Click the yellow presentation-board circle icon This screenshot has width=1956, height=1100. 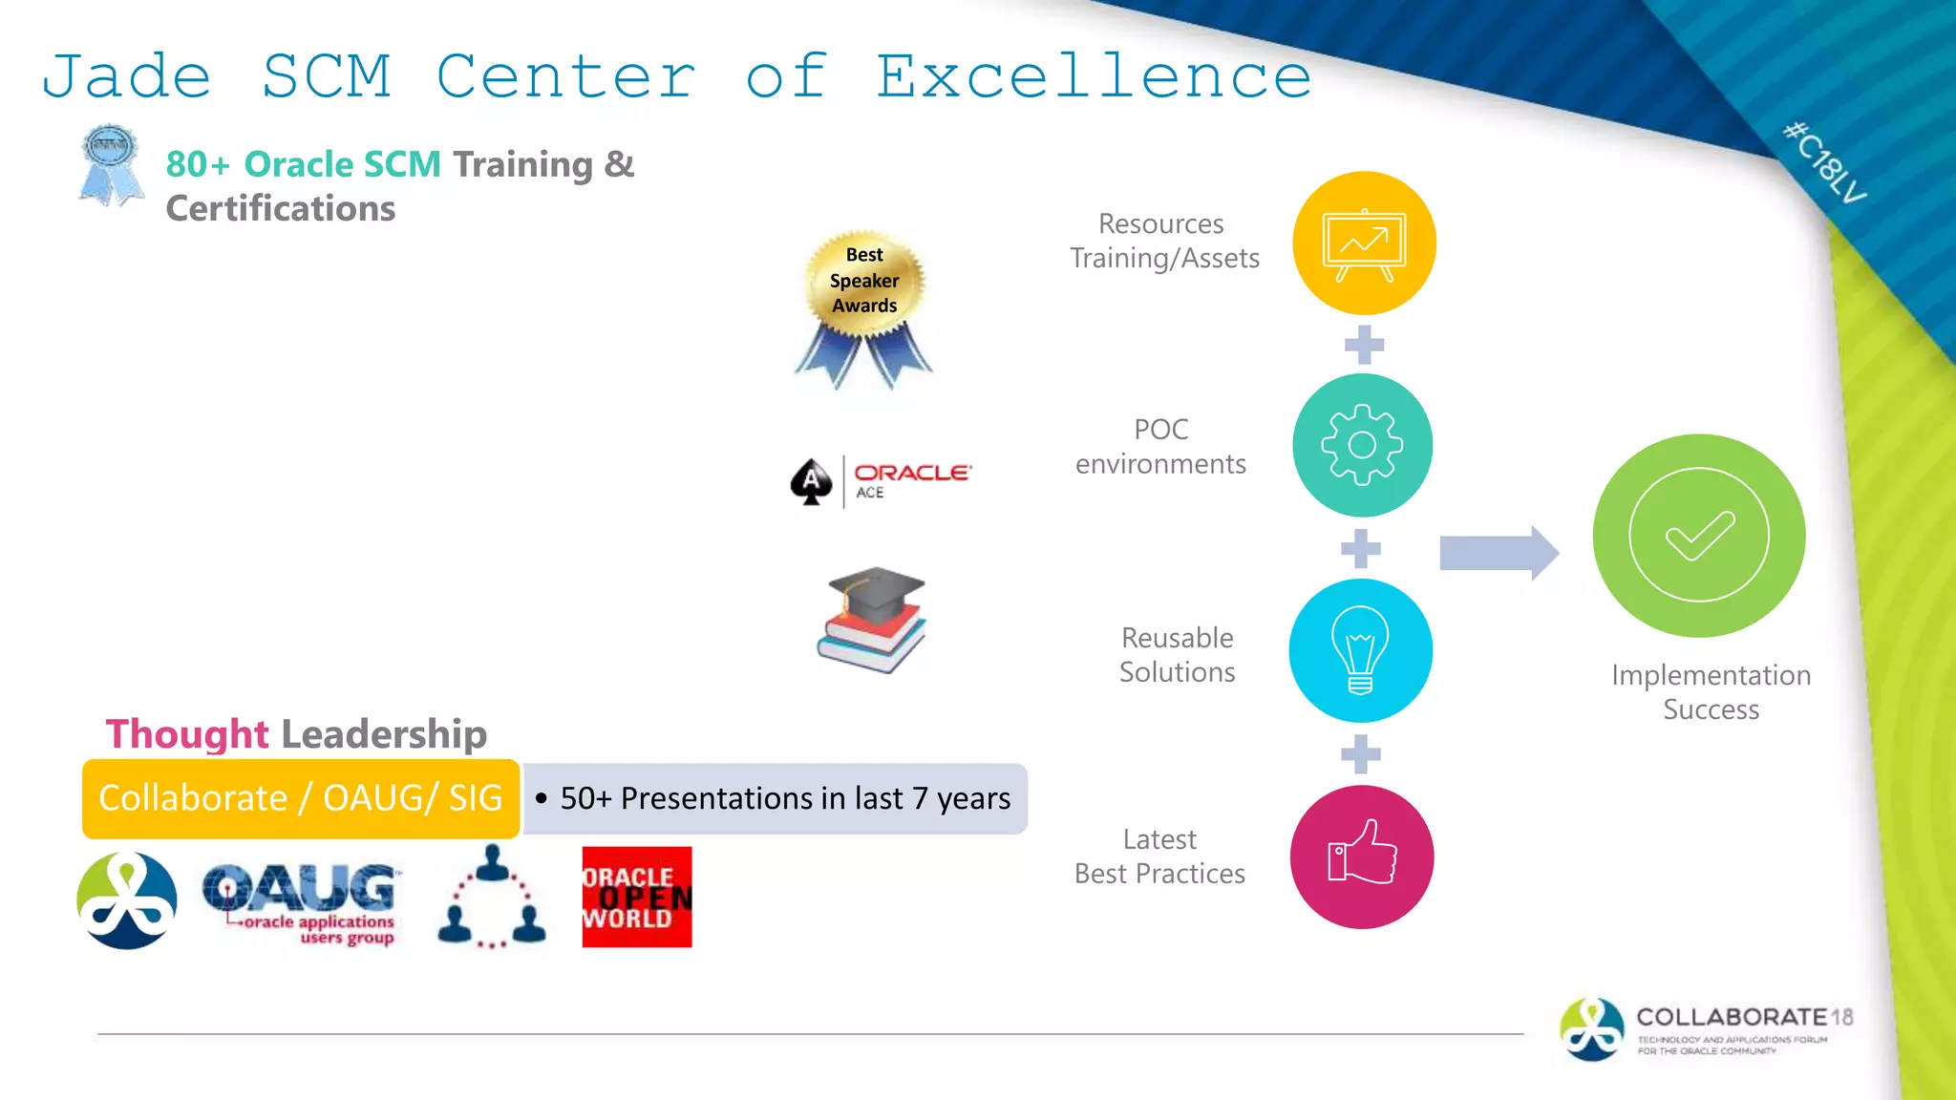tap(1364, 243)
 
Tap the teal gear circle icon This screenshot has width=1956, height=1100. tap(1362, 445)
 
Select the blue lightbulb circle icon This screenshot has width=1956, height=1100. tap(1360, 650)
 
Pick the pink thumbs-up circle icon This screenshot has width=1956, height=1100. tap(1361, 857)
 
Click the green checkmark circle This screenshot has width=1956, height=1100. tap(1698, 535)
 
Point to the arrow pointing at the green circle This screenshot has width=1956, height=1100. tap(1498, 552)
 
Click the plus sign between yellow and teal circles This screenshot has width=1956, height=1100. tap(1364, 345)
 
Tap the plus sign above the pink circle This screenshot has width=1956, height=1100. tap(1361, 754)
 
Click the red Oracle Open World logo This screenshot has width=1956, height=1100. tap(636, 897)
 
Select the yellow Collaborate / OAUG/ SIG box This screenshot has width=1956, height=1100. tap(300, 798)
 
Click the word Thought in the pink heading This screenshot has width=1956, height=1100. tap(187, 733)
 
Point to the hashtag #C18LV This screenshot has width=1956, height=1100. tap(1824, 162)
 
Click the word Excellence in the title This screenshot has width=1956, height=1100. tap(1094, 76)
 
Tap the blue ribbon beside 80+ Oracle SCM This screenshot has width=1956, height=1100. tap(111, 164)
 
